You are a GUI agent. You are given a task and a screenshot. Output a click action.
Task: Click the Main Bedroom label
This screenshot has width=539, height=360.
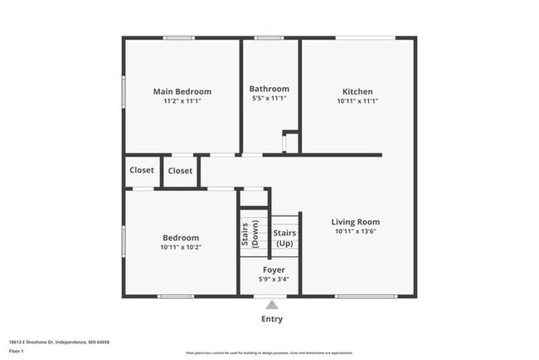[x=182, y=91]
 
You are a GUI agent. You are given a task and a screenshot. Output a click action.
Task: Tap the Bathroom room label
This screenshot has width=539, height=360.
[x=269, y=89]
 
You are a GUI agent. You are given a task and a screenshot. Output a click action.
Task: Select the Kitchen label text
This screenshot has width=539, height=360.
[x=357, y=91]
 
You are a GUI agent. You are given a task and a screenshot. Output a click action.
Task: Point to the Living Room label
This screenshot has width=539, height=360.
[x=355, y=221]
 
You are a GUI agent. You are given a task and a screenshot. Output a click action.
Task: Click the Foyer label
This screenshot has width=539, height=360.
[x=274, y=270]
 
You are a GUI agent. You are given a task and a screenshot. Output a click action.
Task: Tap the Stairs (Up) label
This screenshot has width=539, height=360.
[x=284, y=238]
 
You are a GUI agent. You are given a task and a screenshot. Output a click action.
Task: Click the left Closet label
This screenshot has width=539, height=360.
[x=142, y=170]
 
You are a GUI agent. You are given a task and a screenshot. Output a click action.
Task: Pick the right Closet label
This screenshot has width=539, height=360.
[x=180, y=171]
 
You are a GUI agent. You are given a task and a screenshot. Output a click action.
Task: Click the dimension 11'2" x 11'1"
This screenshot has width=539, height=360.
[x=182, y=100]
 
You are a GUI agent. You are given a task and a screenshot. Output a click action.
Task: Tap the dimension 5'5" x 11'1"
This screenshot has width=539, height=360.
[x=269, y=98]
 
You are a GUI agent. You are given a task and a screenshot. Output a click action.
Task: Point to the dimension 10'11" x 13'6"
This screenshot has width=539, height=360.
[x=355, y=231]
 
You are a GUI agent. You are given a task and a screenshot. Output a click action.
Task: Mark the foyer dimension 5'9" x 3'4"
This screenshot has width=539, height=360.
[x=274, y=279]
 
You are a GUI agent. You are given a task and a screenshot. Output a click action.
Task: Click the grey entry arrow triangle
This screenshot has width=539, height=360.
[x=271, y=304]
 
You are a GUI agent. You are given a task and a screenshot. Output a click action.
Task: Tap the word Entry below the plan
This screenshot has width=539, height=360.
[x=271, y=319]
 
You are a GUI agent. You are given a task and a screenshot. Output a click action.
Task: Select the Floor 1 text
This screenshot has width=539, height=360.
[x=17, y=351]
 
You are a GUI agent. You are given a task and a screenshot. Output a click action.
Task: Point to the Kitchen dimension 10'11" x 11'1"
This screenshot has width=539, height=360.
[x=357, y=100]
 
